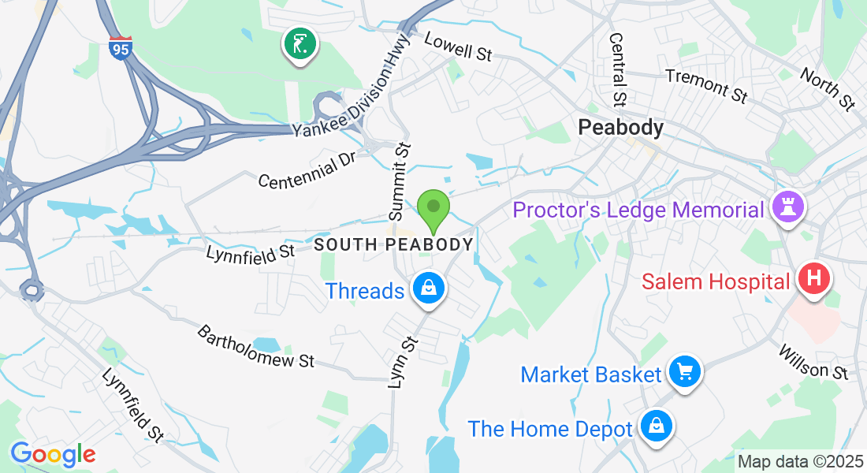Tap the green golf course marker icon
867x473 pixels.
(x=300, y=44)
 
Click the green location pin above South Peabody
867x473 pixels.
(x=433, y=210)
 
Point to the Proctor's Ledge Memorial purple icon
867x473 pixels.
(x=789, y=208)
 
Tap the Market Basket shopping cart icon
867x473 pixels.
(x=684, y=371)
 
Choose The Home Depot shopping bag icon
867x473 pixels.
(x=656, y=427)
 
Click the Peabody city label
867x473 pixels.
(x=620, y=127)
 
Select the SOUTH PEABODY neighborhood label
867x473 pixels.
(x=393, y=244)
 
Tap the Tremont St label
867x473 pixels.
(x=705, y=85)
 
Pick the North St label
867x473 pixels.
(x=827, y=88)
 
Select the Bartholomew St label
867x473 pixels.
(x=255, y=347)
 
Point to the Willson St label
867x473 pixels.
(x=814, y=361)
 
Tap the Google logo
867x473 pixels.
(x=53, y=454)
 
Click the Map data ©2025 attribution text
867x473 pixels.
(x=799, y=462)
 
